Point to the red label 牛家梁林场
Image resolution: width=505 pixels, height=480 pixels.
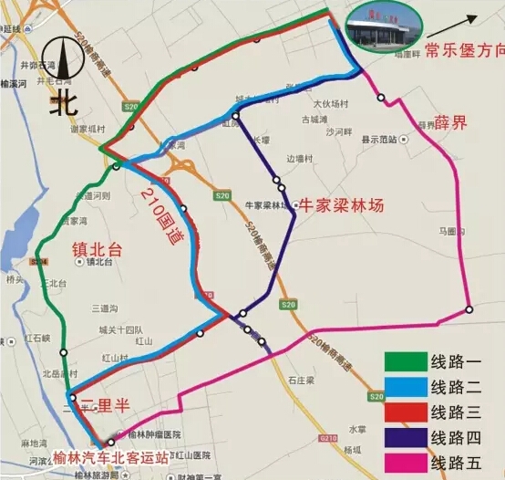point(339,206)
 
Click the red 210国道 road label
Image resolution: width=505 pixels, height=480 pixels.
point(165,211)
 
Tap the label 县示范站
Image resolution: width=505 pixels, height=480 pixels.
point(379,140)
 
